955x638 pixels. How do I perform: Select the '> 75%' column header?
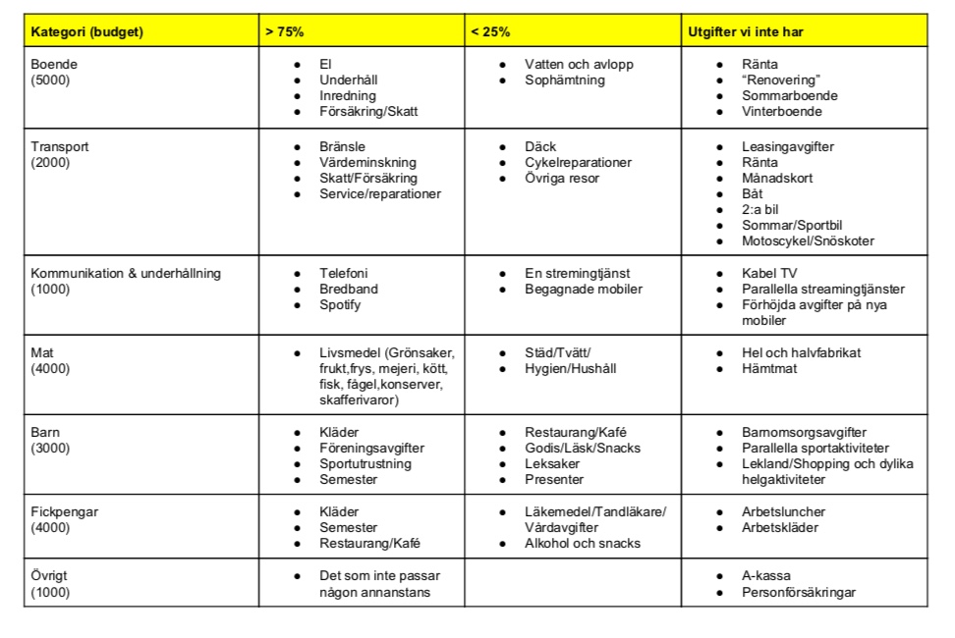coord(284,31)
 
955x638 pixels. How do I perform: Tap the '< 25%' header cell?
coord(490,31)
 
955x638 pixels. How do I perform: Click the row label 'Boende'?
coord(54,64)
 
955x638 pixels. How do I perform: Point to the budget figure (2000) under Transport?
coord(51,163)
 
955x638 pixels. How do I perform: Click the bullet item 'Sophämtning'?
coord(565,80)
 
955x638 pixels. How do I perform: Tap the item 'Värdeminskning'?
coord(367,163)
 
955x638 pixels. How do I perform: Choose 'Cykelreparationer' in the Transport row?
coord(578,163)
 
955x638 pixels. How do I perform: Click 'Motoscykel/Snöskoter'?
coord(808,241)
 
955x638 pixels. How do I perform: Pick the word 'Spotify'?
coord(340,305)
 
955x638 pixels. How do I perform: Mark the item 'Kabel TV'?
coord(769,274)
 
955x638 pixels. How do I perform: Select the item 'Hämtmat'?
coord(769,369)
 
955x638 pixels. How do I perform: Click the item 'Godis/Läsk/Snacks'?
coord(582,449)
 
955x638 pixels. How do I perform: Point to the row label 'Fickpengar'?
coord(65,512)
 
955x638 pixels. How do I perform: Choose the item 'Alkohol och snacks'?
coord(582,544)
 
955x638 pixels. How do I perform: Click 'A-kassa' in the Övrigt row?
coord(766,576)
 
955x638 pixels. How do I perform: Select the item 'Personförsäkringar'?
coord(799,592)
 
